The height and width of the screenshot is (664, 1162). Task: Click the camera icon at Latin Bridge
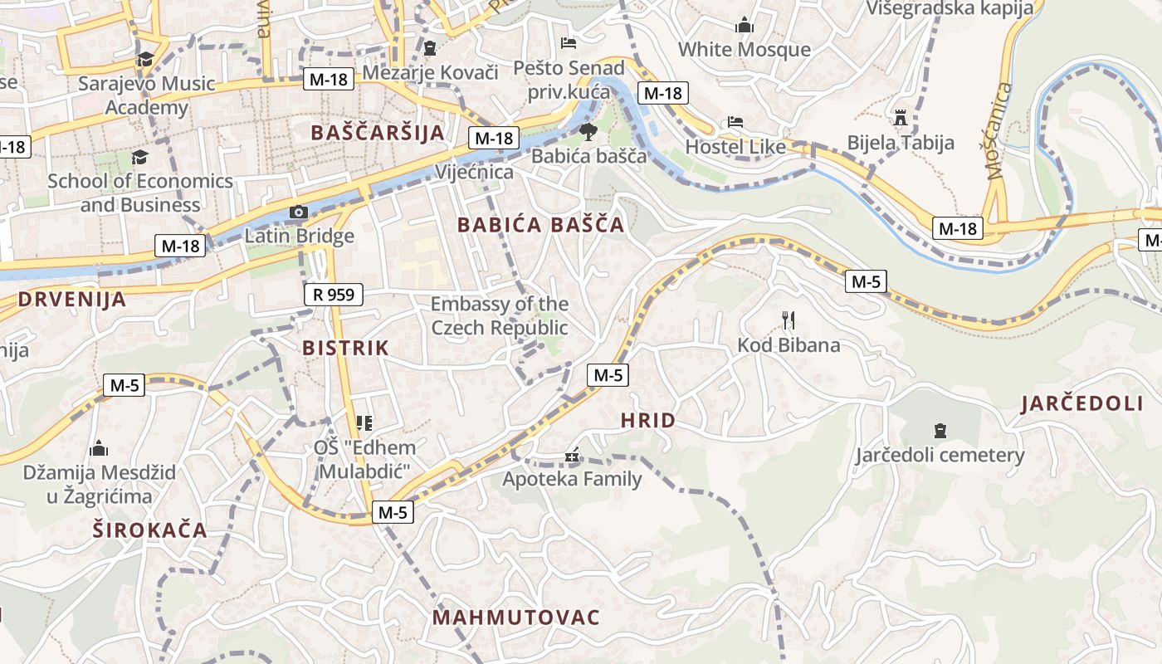[x=298, y=212]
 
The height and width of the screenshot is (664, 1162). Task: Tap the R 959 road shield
[x=334, y=294]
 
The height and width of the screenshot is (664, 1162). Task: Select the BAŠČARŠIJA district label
[x=378, y=133]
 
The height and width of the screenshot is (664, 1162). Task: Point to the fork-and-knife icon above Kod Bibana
[x=788, y=320]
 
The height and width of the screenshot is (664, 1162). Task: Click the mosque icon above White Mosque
[x=745, y=25]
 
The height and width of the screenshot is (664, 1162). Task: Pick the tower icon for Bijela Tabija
[x=901, y=117]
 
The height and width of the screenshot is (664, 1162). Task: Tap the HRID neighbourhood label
[x=648, y=421]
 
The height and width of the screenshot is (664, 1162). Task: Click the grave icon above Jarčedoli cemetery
[x=940, y=430]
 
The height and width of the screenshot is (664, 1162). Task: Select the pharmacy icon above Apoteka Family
[x=571, y=455]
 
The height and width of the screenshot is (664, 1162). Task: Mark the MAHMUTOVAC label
[x=515, y=618]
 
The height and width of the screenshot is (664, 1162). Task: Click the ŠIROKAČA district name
[x=149, y=530]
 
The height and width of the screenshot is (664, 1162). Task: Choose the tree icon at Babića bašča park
[x=588, y=131]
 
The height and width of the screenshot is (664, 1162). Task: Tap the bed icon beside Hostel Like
[x=735, y=122]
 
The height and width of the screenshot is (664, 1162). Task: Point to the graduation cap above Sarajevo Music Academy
[x=146, y=59]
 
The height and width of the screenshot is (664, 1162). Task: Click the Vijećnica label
[x=475, y=172]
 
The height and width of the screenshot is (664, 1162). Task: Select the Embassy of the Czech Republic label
[x=499, y=315]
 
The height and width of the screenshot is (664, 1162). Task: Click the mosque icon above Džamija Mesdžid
[x=99, y=448]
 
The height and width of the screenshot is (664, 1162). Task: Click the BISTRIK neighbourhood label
[x=345, y=348]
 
